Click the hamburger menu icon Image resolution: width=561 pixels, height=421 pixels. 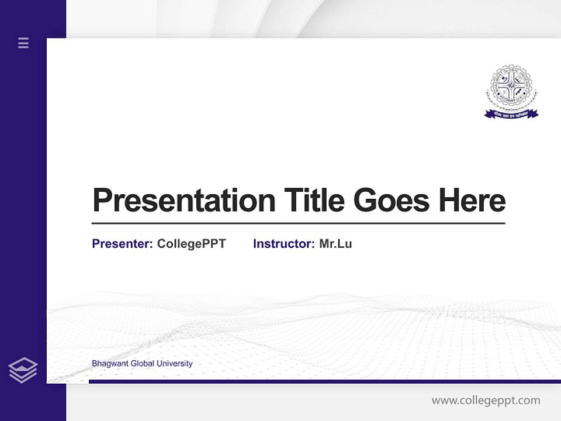[23, 43]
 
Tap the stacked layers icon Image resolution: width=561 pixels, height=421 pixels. [23, 370]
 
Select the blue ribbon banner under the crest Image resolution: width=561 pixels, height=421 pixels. [511, 113]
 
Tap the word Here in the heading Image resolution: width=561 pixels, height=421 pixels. [472, 200]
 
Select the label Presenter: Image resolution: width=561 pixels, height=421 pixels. [122, 244]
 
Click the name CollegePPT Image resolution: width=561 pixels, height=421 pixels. [191, 244]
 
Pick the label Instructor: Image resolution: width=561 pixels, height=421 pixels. [283, 244]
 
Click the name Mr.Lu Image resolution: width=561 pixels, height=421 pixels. [335, 244]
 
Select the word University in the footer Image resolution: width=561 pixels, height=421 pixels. [175, 364]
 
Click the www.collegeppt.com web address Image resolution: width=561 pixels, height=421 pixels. [486, 401]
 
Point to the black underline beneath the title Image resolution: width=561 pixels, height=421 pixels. [298, 223]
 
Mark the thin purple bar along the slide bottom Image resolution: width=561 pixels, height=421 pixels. [324, 381]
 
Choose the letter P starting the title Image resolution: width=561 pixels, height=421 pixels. [102, 201]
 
